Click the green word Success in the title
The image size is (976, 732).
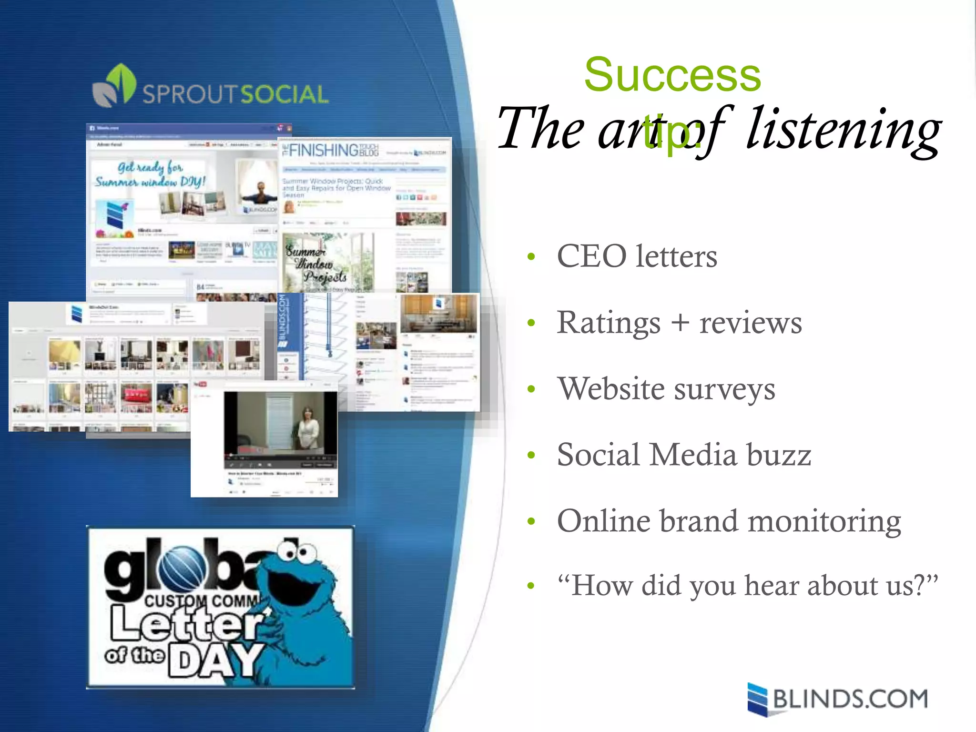click(x=672, y=75)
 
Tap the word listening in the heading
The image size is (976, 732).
click(x=843, y=130)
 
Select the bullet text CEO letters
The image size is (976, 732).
click(x=637, y=256)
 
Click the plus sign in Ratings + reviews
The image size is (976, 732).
click(x=680, y=323)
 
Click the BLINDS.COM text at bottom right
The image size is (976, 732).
click(x=850, y=699)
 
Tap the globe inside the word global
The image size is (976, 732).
click(x=182, y=569)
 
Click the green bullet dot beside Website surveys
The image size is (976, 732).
click(x=531, y=389)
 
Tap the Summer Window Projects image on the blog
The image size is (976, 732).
click(x=328, y=262)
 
